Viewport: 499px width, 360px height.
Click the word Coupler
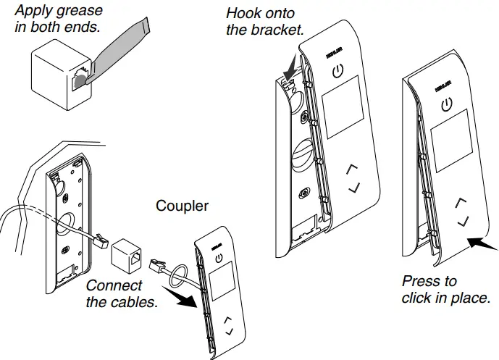[x=182, y=206]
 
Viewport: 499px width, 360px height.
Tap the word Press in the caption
[x=419, y=281]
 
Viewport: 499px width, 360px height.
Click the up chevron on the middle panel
[x=353, y=169]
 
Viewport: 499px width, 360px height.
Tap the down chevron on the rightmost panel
[x=464, y=219]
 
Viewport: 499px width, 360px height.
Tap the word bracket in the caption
[x=278, y=30]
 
